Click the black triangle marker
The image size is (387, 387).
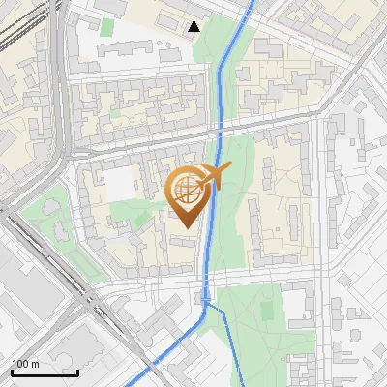click(194, 26)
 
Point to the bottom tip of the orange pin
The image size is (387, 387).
click(189, 228)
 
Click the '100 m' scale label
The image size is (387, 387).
click(26, 365)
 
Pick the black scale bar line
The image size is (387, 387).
click(45, 372)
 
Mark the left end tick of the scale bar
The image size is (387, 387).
click(12, 371)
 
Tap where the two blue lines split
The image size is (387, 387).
click(206, 304)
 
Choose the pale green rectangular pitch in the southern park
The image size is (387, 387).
click(265, 310)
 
